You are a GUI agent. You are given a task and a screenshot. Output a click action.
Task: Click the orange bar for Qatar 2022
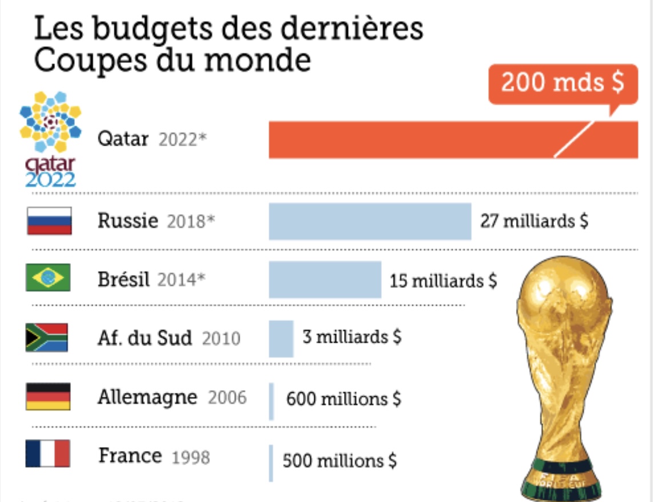tap(412, 140)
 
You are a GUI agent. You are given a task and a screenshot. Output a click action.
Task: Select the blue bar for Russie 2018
tap(370, 221)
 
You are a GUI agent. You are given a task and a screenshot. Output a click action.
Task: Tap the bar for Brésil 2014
tap(325, 280)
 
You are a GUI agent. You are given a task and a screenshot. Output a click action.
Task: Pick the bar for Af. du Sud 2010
tap(281, 339)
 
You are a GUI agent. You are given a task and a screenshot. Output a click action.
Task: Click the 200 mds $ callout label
tap(562, 83)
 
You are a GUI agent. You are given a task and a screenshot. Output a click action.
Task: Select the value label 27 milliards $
tap(534, 221)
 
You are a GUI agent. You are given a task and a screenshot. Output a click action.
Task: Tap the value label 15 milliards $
tap(443, 280)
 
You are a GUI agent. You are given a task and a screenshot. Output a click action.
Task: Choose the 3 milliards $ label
tap(352, 337)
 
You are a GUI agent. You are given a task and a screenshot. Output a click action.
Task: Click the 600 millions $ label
tap(343, 399)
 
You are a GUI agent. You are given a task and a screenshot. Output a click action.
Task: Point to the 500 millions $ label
tap(340, 460)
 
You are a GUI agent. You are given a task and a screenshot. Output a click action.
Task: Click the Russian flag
tap(49, 221)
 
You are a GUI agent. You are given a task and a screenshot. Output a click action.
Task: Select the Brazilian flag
tap(48, 278)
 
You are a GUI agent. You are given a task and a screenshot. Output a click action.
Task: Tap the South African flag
tap(47, 338)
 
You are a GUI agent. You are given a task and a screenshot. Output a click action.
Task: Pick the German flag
tap(48, 397)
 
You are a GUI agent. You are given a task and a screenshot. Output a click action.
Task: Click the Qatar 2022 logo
tap(50, 139)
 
